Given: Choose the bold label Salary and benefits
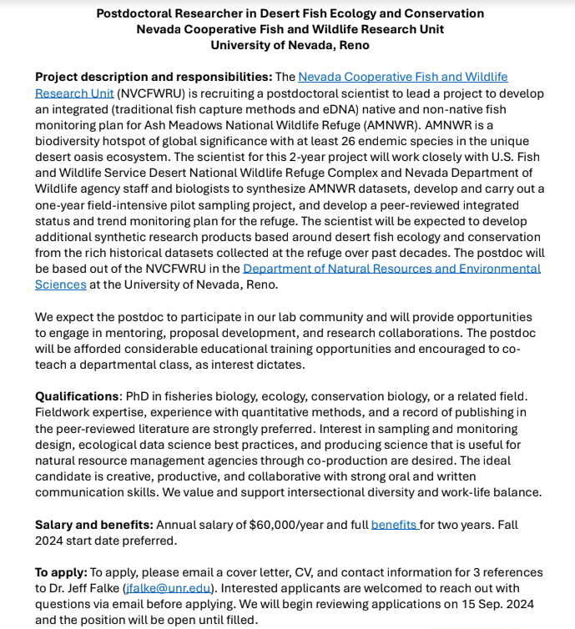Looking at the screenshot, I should (93, 525).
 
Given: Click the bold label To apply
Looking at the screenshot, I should (60, 572).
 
